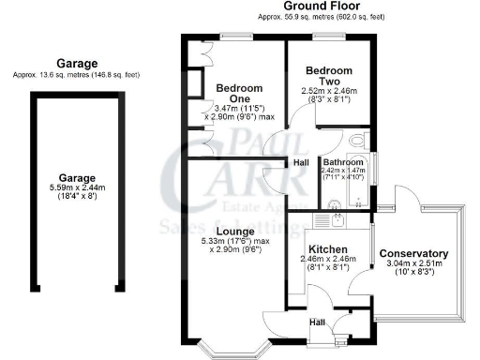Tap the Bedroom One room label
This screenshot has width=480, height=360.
[239, 96]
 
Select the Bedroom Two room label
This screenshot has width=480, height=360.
[329, 76]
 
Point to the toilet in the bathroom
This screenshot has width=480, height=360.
[354, 142]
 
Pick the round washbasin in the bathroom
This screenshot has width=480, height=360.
[330, 200]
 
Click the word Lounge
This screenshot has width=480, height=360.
[231, 231]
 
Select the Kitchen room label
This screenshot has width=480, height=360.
[329, 248]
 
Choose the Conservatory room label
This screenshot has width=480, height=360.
[413, 254]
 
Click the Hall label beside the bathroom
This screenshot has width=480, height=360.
[302, 163]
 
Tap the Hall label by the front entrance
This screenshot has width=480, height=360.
[317, 324]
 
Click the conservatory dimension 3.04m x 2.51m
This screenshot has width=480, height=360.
[413, 264]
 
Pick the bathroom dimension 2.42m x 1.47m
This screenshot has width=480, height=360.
[342, 170]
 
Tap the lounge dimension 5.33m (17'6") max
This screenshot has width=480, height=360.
[231, 242]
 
